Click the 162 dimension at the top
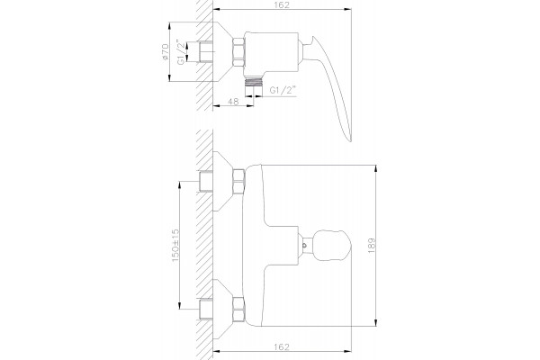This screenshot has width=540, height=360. click(282, 4)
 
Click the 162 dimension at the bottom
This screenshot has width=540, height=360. click(282, 346)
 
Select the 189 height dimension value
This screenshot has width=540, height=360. click(371, 246)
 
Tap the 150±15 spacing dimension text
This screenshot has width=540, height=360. click(175, 246)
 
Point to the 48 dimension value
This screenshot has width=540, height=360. click(233, 102)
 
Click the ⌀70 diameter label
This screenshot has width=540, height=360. click(165, 52)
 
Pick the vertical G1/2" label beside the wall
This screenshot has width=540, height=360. click(181, 51)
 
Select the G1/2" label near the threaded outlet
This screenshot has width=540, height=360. click(283, 90)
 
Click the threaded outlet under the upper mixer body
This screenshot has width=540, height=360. click(254, 81)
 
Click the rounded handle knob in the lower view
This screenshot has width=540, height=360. click(331, 246)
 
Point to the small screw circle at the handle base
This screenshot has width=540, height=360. click(304, 246)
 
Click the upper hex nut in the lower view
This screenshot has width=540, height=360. click(238, 181)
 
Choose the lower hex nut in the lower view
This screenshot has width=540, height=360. click(238, 310)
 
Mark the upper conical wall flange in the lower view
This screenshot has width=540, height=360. click(223, 181)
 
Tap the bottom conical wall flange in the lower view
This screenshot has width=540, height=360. click(223, 310)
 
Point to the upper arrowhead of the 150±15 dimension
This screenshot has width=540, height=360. click(179, 185)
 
